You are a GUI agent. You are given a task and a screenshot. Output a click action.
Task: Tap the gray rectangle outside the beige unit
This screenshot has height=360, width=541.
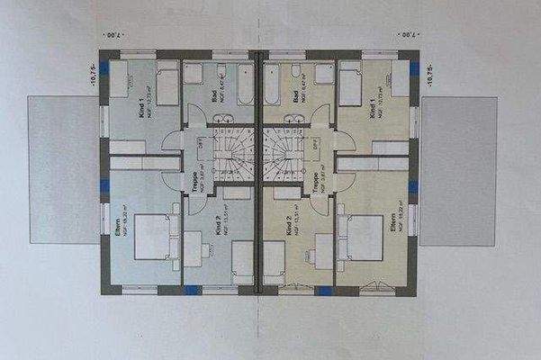pyautogui.click(x=459, y=169)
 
